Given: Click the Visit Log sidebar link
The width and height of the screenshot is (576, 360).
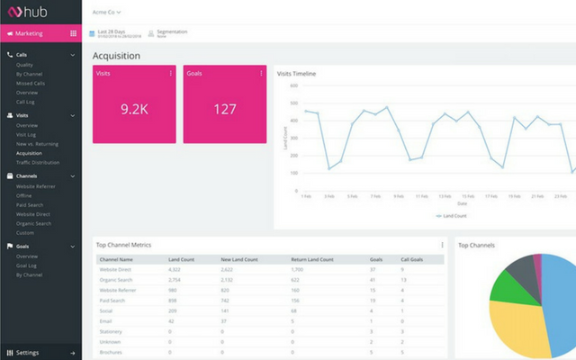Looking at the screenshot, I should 26,135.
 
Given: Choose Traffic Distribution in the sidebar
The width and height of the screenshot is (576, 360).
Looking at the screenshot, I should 38,162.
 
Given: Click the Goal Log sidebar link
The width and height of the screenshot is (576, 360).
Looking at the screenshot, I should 26,265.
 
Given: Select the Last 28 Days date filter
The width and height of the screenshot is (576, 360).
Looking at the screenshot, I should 112,32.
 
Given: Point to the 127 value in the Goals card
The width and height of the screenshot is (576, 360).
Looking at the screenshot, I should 224,109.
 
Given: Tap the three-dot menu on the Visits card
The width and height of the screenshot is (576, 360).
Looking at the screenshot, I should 171,74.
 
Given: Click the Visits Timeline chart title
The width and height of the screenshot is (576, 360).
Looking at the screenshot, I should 296,73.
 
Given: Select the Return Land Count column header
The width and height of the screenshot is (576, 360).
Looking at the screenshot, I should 313,259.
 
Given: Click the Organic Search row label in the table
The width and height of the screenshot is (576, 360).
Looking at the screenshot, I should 116,280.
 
